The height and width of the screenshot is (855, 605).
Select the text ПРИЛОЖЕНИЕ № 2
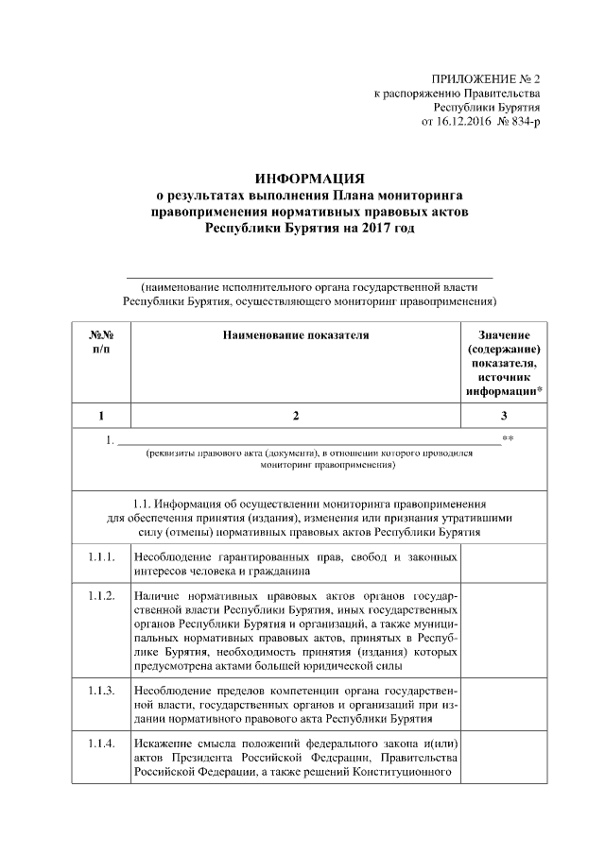click(x=485, y=78)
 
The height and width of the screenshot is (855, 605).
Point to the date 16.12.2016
click(x=459, y=124)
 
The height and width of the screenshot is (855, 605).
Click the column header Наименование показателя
click(x=294, y=334)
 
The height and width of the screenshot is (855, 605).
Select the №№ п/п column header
click(x=101, y=342)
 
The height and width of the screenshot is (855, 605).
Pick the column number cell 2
click(x=294, y=415)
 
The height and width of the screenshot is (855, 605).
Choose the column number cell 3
click(x=504, y=415)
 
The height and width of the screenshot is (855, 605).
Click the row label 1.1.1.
click(x=101, y=556)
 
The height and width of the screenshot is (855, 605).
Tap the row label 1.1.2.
click(x=101, y=598)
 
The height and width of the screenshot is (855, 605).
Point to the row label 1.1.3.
click(x=101, y=690)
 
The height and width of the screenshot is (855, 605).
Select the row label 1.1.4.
click(x=101, y=744)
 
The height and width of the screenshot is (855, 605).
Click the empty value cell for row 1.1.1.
click(x=504, y=563)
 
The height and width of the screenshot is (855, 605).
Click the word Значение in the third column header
click(x=504, y=334)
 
